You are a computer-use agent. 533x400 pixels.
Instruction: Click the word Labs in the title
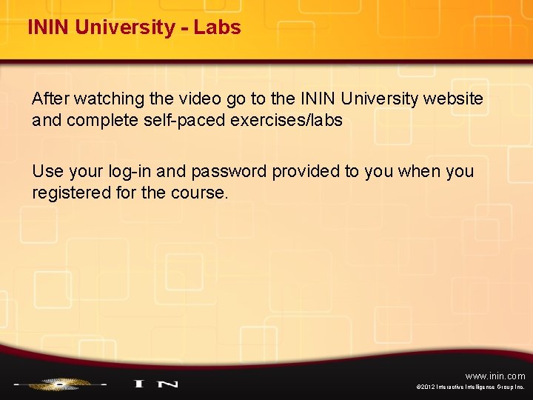pos(218,27)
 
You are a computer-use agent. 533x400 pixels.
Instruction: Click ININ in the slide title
pos(49,27)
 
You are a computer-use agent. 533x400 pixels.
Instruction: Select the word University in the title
pos(127,27)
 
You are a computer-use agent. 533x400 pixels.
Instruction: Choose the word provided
pos(306,172)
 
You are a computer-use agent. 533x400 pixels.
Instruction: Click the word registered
pos(69,193)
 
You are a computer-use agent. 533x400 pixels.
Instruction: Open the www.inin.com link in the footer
pos(495,376)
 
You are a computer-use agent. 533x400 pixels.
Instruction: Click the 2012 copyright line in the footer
pos(471,387)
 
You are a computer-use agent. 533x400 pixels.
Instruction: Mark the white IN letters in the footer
pos(155,384)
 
